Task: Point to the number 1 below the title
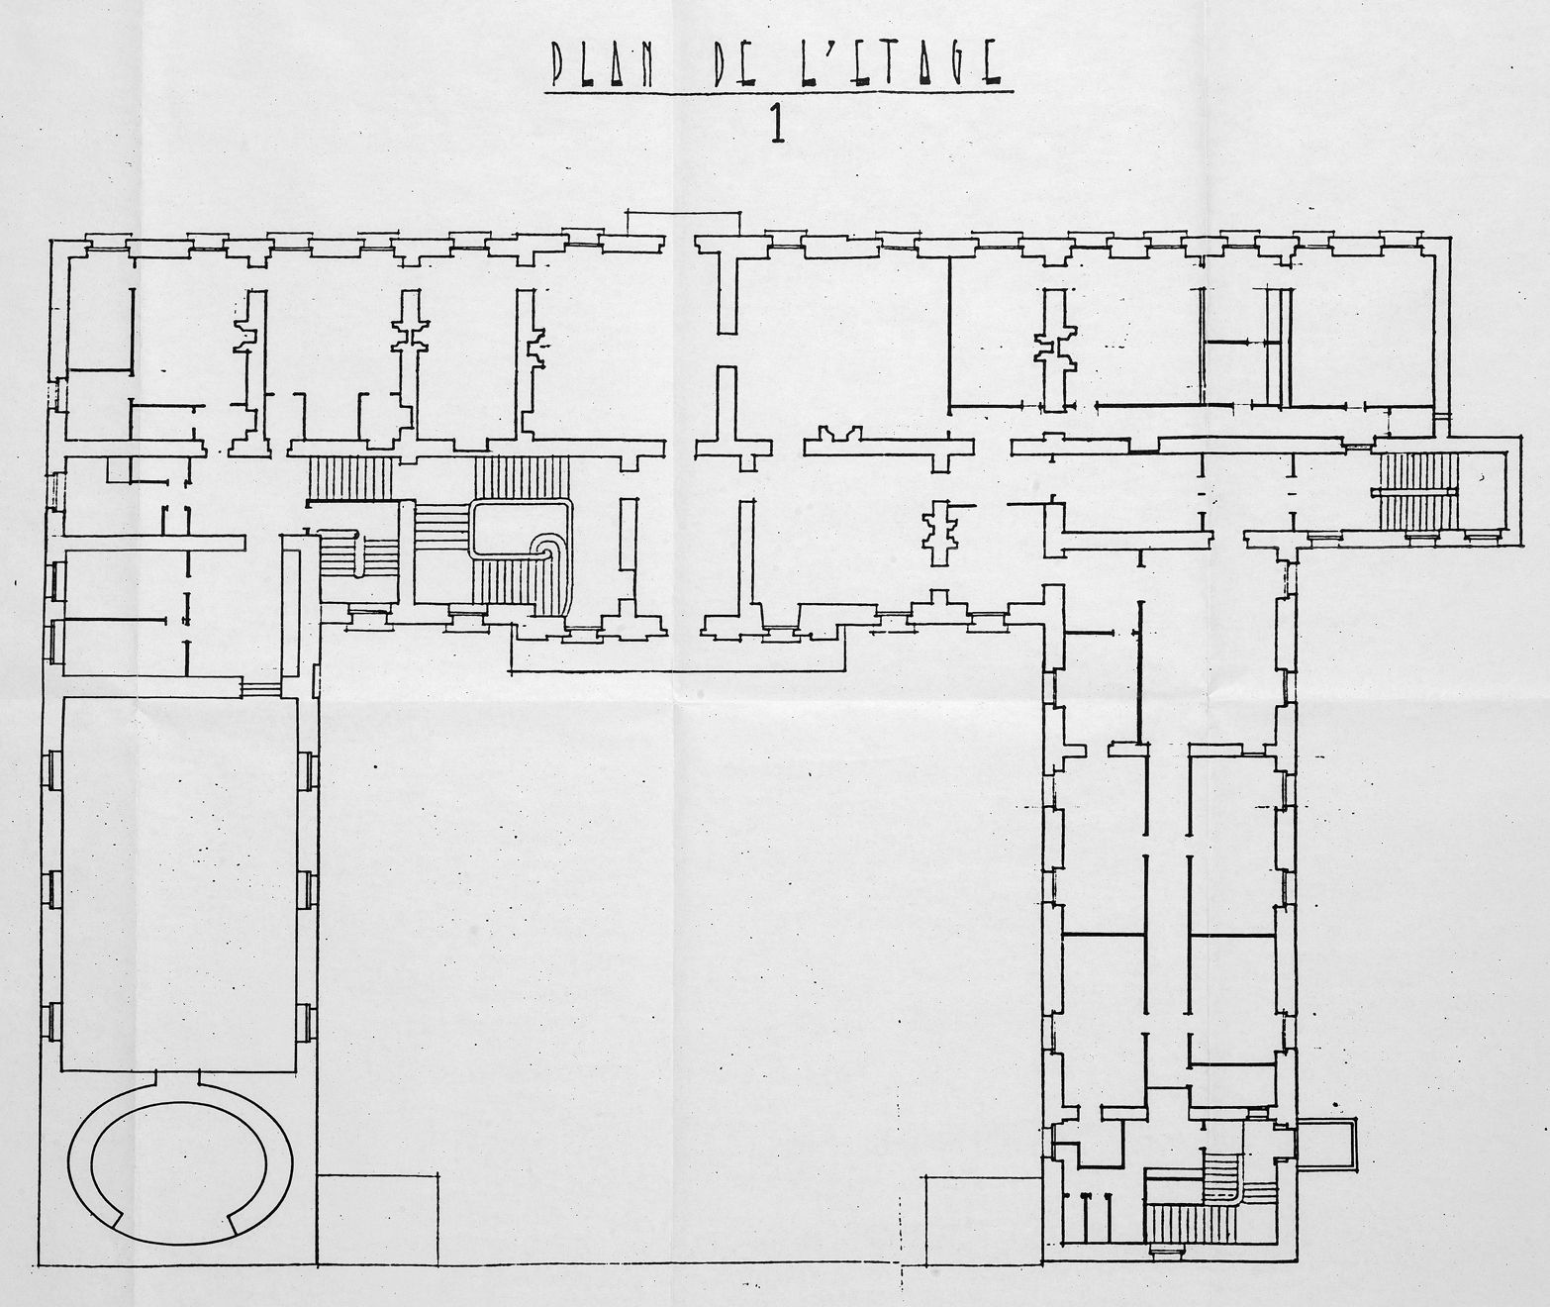(x=777, y=126)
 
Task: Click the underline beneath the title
(x=779, y=93)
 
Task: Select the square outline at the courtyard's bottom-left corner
(x=378, y=1218)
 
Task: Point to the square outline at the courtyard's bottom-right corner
(x=984, y=1219)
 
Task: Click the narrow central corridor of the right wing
(x=1168, y=913)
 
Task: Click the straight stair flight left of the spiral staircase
(x=350, y=479)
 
